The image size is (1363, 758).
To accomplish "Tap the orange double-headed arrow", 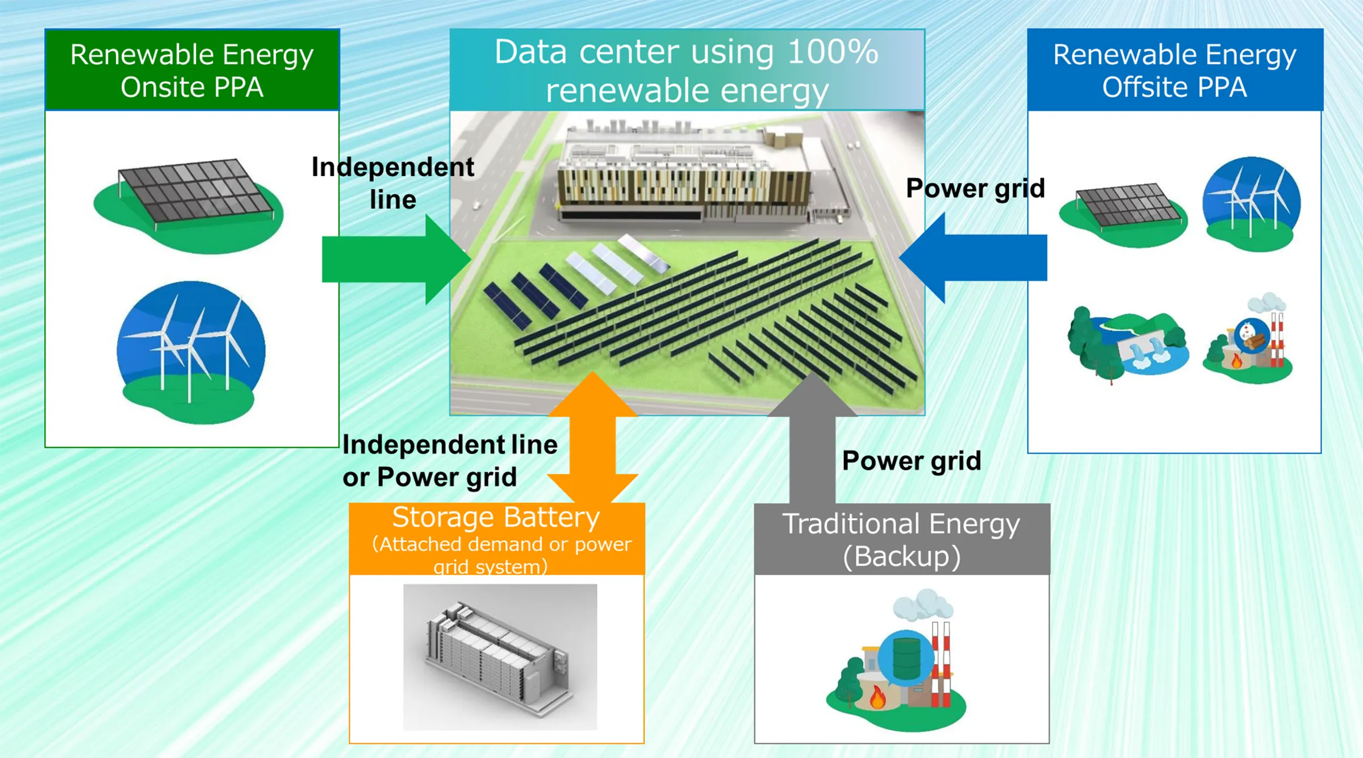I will pos(592,438).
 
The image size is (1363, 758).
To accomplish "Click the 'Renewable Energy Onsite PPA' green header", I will pos(192,70).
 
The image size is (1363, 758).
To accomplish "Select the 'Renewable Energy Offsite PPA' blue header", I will pos(1174,70).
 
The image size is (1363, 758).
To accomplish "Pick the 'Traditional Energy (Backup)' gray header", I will pos(901,539).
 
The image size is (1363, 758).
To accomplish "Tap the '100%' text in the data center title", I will pos(833,52).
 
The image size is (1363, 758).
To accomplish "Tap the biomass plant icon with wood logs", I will pos(1248,341).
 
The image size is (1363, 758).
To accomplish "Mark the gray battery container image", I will pos(500,656).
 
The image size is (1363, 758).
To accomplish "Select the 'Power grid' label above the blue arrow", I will pos(975,188).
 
